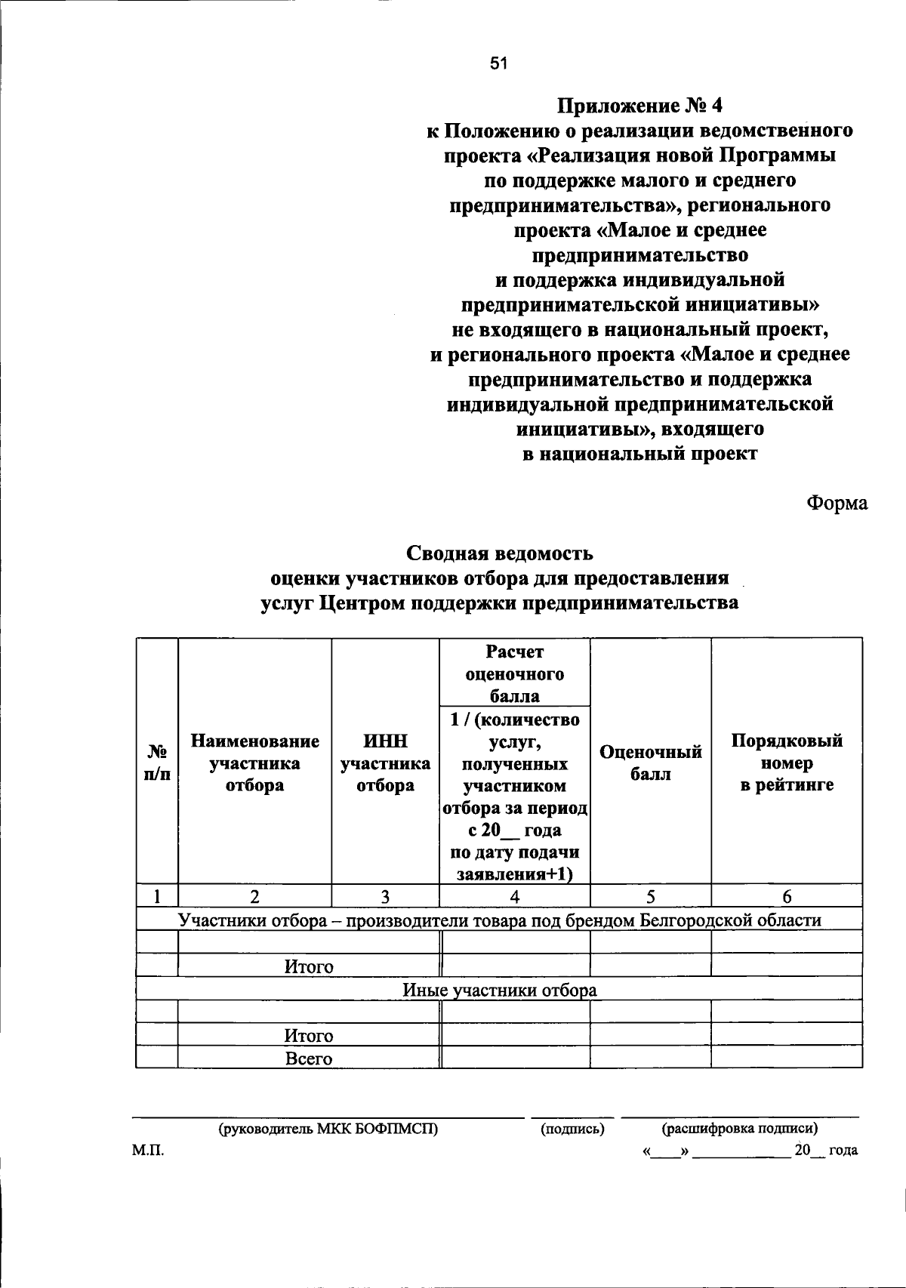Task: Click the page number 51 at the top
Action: tap(498, 64)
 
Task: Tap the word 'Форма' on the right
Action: tap(837, 503)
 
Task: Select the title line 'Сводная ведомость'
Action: tap(500, 553)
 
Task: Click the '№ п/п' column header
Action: tap(157, 763)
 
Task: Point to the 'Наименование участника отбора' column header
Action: tap(254, 763)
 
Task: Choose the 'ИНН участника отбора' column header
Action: tap(385, 763)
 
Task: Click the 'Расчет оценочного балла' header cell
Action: tap(514, 673)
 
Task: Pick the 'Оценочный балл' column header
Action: tap(650, 763)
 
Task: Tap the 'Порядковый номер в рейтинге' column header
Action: tap(787, 763)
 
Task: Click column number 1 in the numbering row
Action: tap(157, 896)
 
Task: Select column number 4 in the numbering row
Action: tap(514, 896)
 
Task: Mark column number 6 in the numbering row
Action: tap(787, 896)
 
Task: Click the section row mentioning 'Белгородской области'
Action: tap(499, 920)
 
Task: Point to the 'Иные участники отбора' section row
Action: tap(499, 990)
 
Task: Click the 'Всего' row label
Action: tap(309, 1058)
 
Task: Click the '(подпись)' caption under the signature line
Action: tap(572, 1129)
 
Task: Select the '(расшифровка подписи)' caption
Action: tap(740, 1129)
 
